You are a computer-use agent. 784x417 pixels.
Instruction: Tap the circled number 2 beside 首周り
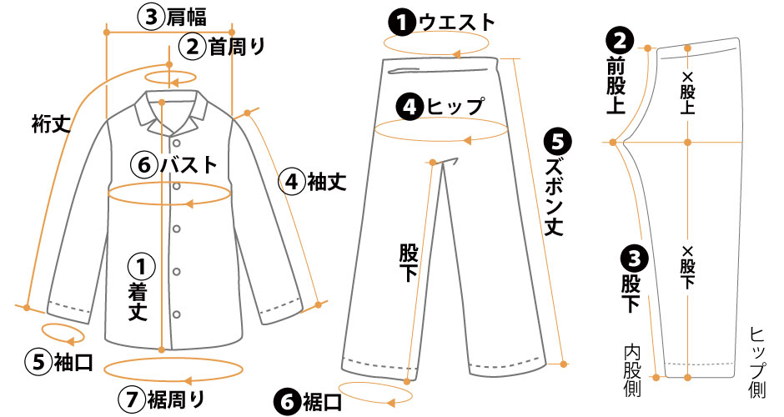pos(193,47)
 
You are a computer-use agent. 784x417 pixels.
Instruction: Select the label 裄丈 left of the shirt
pos(51,124)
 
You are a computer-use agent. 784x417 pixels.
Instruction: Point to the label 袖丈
pos(326,182)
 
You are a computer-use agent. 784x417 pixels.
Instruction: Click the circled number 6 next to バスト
pos(144,164)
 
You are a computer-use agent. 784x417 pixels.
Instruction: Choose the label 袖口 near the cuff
pos(73,362)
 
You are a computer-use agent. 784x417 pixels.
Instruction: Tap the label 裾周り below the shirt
pos(175,399)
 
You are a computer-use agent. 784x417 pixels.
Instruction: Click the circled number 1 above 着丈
pos(141,267)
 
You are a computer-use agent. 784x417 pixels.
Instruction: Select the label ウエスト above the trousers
pos(456,23)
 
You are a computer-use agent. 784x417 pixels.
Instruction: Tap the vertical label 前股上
pos(616,85)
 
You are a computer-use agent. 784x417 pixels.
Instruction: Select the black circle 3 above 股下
pos(634,259)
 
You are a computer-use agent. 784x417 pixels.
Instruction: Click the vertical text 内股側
pos(632,370)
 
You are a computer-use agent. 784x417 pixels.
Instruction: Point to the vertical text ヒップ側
pos(757,363)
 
